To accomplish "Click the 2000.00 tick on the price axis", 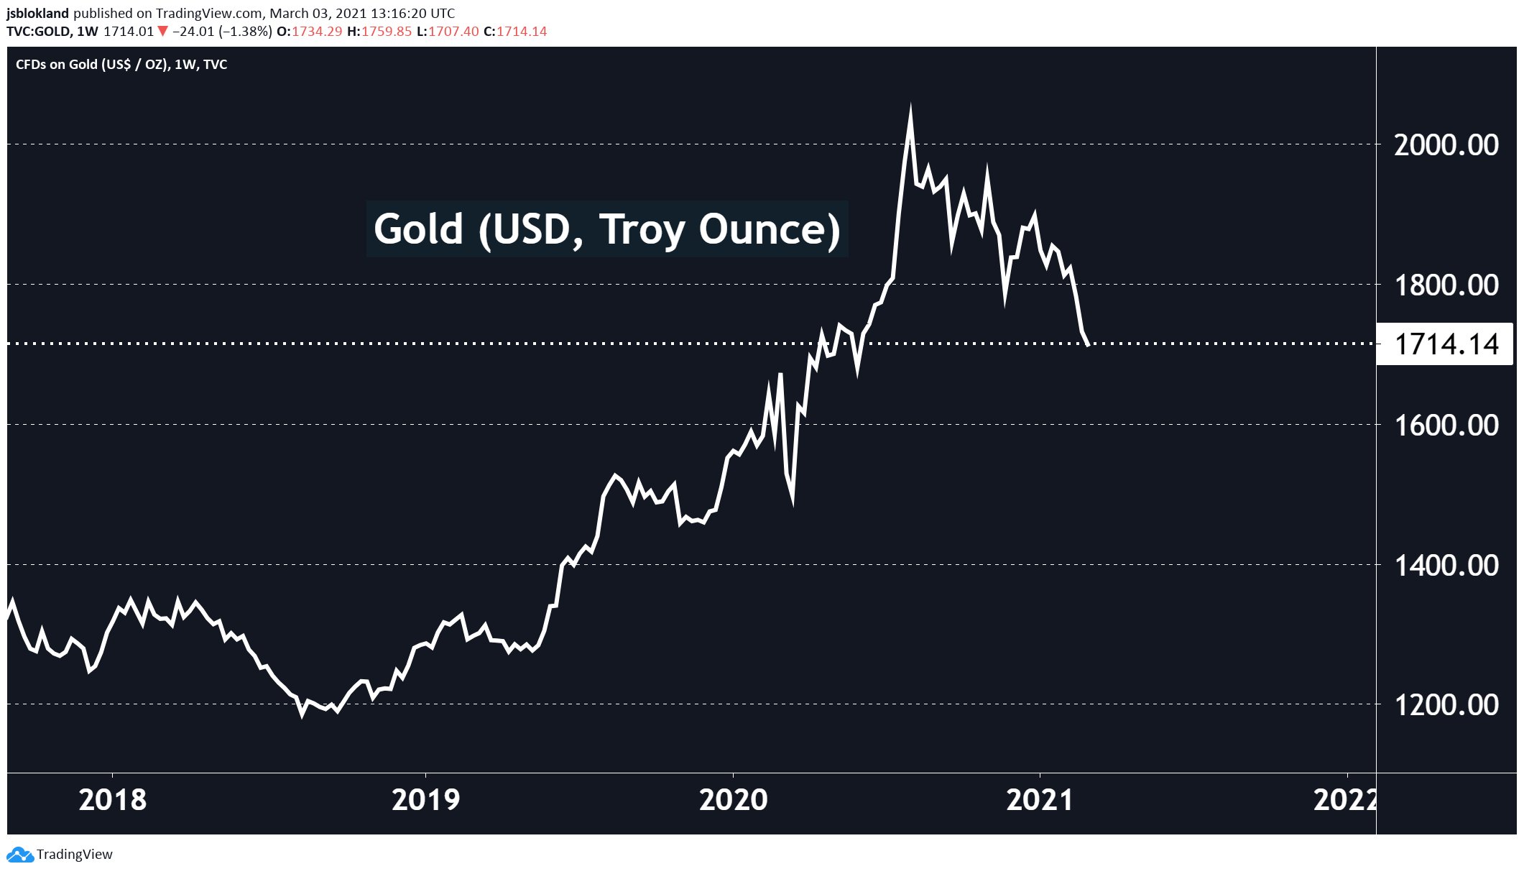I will (1446, 145).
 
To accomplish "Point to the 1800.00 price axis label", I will (1446, 285).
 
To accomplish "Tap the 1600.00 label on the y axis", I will (1446, 425).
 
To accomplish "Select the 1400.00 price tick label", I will (1446, 566).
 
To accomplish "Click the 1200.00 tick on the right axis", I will (1446, 705).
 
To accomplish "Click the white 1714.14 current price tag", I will (1446, 344).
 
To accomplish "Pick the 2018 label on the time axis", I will (113, 800).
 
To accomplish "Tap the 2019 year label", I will (425, 800).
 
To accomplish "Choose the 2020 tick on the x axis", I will (733, 800).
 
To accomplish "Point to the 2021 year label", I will (1040, 800).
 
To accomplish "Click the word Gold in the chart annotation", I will (418, 229).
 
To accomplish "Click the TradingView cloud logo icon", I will (19, 855).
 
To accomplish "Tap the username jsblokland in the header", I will (38, 13).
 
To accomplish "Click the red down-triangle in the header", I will (163, 31).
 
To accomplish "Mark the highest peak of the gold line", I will (910, 109).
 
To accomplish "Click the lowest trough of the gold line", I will (303, 714).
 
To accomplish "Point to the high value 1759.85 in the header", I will (387, 32).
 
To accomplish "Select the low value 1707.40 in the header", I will (453, 32).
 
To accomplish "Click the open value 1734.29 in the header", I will (317, 32).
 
